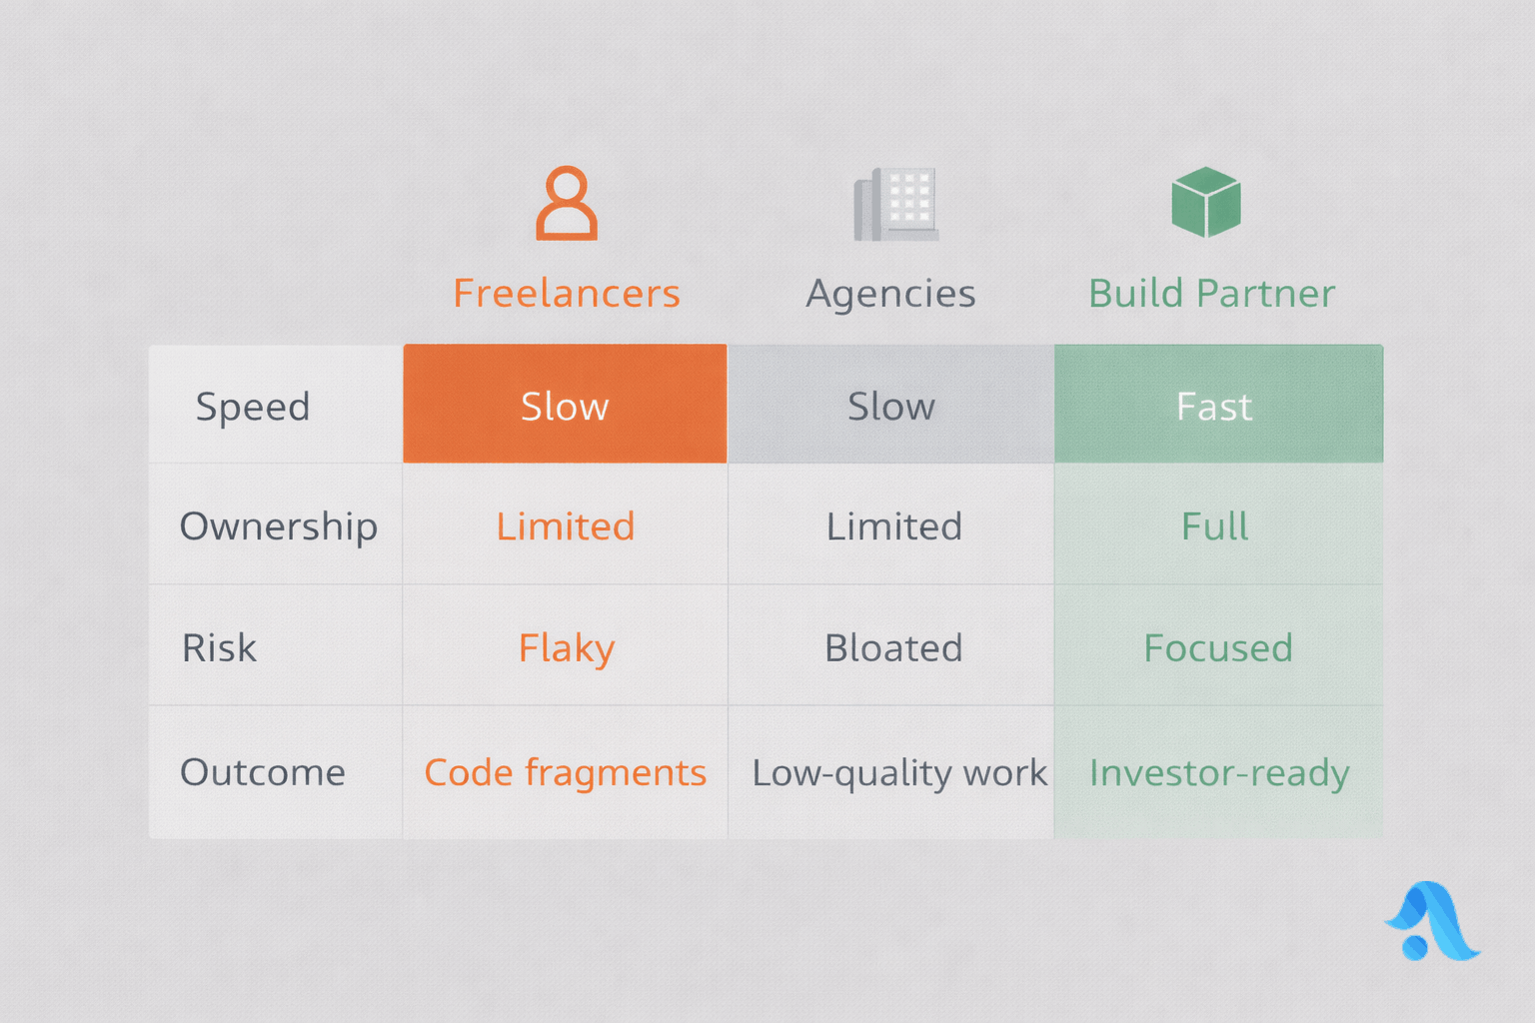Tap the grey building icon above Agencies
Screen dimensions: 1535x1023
point(895,204)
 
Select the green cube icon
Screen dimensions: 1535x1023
point(1206,202)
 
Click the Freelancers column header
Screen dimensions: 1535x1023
point(566,294)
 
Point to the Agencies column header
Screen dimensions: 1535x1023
point(890,295)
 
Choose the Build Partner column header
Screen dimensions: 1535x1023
point(1211,294)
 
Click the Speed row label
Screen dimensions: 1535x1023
point(253,407)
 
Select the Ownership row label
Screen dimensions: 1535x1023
point(278,527)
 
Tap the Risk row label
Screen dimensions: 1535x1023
point(219,647)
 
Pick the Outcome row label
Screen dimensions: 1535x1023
point(263,772)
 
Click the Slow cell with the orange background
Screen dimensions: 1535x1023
point(565,404)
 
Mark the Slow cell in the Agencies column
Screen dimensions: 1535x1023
point(890,404)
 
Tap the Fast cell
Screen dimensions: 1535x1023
point(1218,404)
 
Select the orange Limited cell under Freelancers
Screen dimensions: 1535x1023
point(566,526)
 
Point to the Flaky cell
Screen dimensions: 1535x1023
point(566,648)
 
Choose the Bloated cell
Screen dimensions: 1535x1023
point(892,647)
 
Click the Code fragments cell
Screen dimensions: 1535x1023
point(566,773)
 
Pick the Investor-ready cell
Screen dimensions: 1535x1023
point(1219,773)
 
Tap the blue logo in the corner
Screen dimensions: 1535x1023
point(1432,921)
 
